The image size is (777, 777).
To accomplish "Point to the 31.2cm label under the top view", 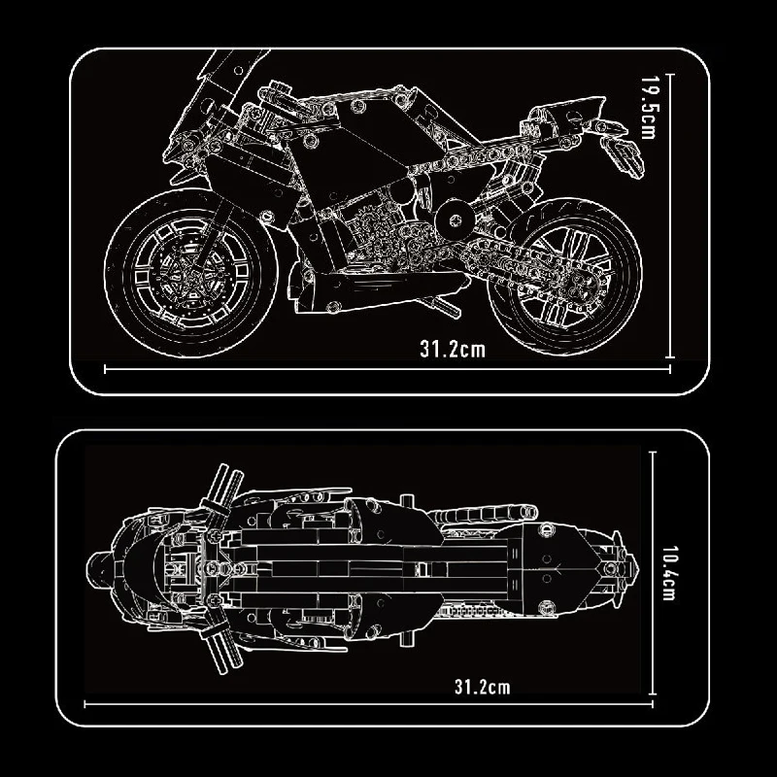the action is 482,688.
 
